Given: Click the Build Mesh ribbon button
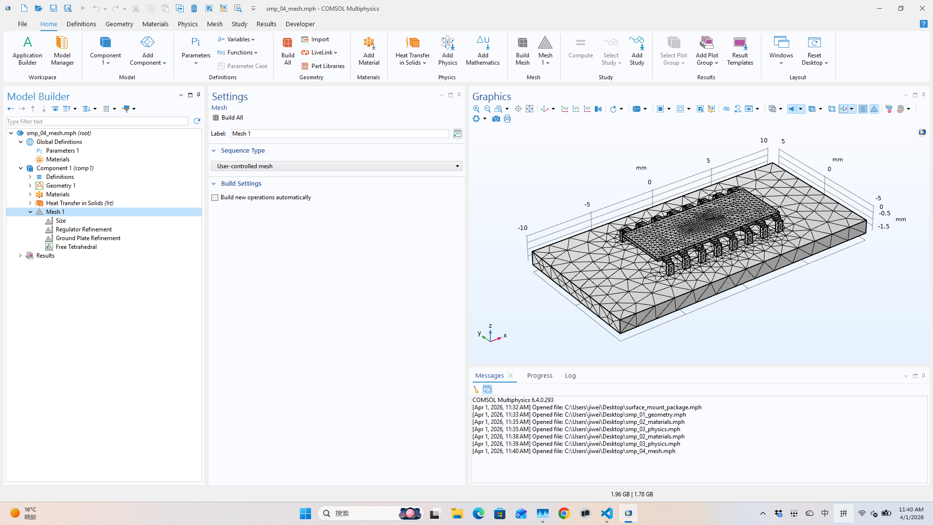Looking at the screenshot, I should (522, 51).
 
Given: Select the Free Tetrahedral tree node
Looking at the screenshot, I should (76, 247).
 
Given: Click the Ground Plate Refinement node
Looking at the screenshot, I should (88, 238).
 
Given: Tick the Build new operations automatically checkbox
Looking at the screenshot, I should (215, 197).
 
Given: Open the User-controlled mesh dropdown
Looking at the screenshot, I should (336, 166).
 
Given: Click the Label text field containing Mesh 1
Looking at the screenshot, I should (339, 134).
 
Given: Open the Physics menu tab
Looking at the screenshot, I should (187, 24).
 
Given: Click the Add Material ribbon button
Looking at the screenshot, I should (369, 51).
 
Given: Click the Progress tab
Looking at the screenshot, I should (539, 376).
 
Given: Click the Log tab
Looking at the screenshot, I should (570, 376).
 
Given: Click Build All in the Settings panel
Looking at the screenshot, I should (232, 118).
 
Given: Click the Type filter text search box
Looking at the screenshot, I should (97, 122).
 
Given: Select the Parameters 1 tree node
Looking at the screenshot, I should (62, 151).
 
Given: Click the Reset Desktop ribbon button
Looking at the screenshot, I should (814, 51).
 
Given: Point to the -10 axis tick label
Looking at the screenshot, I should (522, 228).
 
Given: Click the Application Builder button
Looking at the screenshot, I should (27, 51).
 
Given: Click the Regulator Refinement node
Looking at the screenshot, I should (84, 229).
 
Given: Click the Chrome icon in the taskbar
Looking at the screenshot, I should (564, 513).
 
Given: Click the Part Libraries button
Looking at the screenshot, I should (323, 66).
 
